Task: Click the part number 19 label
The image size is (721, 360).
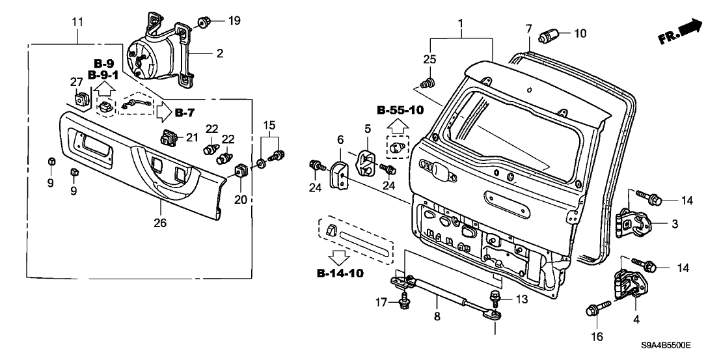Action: [x=234, y=21]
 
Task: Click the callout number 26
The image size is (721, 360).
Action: [x=160, y=223]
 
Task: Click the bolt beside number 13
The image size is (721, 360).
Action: [x=495, y=300]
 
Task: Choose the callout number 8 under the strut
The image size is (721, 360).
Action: [x=437, y=317]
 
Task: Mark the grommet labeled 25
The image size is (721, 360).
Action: [x=428, y=83]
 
